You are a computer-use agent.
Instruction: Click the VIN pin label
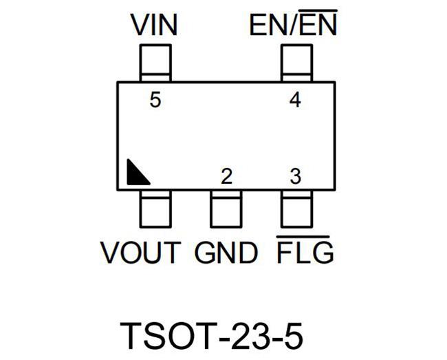click(x=154, y=25)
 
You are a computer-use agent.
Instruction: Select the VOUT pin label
click(x=140, y=253)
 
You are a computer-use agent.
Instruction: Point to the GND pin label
click(x=226, y=253)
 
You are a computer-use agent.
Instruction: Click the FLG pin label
click(x=305, y=250)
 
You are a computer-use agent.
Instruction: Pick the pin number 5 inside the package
click(x=155, y=100)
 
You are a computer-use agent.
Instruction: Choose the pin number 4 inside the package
click(x=295, y=100)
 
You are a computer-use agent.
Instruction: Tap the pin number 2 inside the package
click(x=227, y=176)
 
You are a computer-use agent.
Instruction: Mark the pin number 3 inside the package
click(x=295, y=176)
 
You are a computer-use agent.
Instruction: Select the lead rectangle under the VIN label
click(x=155, y=63)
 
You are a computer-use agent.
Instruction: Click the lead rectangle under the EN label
click(x=297, y=63)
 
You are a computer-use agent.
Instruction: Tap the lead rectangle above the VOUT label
click(x=155, y=209)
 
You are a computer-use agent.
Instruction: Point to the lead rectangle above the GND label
click(x=226, y=209)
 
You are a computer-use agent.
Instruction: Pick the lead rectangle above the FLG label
click(x=297, y=209)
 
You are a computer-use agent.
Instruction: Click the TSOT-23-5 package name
click(x=211, y=336)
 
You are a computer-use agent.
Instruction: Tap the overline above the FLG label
click(x=303, y=237)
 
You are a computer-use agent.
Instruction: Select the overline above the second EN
click(x=318, y=10)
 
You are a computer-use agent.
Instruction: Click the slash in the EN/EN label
click(x=293, y=25)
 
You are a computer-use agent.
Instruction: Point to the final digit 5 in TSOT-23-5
click(x=293, y=336)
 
